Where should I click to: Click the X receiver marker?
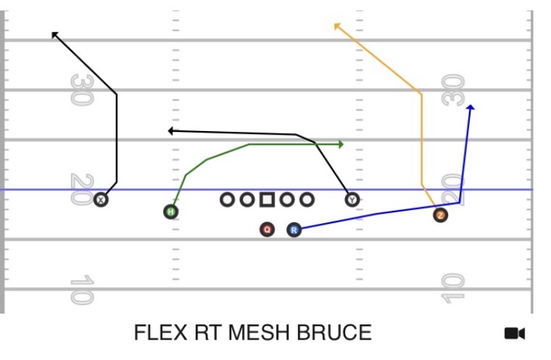[101, 200]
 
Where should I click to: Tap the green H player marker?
[171, 212]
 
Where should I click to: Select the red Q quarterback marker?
[267, 230]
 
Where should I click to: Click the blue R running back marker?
[294, 230]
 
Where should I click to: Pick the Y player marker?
[352, 200]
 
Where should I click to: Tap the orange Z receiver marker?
[440, 215]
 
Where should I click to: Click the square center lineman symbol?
[267, 199]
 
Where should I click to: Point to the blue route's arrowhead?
[471, 107]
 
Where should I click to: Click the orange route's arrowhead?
[337, 26]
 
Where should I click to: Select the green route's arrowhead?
[341, 144]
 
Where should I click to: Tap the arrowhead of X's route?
[55, 35]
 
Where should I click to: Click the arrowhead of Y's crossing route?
[171, 131]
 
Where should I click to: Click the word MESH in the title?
[260, 332]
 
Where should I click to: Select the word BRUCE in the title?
[334, 332]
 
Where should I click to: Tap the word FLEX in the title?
[161, 332]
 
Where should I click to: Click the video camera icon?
[515, 333]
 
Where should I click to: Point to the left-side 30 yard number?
[82, 90]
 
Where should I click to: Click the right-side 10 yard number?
[453, 288]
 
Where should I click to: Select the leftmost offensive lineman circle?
[227, 200]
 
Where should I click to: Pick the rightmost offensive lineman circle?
[307, 200]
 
